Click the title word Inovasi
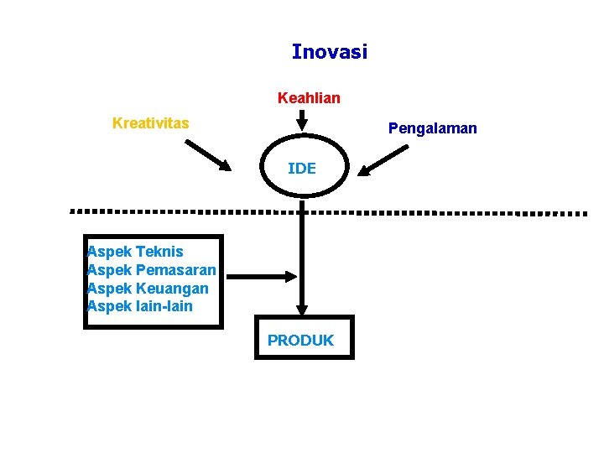tap(329, 52)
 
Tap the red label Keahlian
tap(309, 98)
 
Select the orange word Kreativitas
tap(150, 123)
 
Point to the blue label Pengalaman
tap(432, 128)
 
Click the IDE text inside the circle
tap(302, 169)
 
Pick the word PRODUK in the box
tap(300, 341)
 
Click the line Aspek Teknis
tap(135, 252)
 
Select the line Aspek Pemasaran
tap(152, 270)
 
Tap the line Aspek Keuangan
tap(148, 289)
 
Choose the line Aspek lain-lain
tap(140, 306)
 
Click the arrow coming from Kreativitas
tap(207, 155)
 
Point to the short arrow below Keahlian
tap(302, 122)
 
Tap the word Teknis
tap(159, 252)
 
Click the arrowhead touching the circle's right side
tap(366, 170)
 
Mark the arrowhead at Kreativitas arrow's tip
tap(224, 165)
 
